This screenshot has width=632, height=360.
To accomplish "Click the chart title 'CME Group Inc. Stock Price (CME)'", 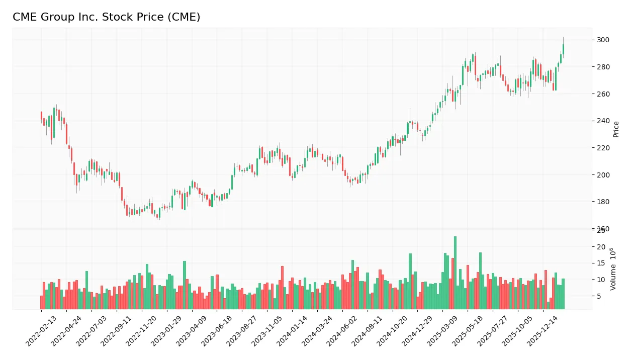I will (106, 17).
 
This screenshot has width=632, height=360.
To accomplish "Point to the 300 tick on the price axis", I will (603, 40).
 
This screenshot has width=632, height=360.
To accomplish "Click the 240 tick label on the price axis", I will (603, 121).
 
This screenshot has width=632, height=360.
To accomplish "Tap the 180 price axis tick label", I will (603, 202).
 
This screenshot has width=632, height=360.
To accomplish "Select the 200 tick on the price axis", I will (603, 175).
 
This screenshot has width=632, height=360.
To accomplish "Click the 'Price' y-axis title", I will (616, 129).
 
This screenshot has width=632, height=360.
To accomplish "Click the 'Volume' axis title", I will (613, 268).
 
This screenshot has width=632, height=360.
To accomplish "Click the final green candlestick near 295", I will (563, 49).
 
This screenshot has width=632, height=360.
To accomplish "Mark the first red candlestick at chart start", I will (41, 116).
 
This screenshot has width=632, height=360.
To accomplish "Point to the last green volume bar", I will (563, 294).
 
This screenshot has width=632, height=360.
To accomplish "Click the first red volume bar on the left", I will (41, 302).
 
